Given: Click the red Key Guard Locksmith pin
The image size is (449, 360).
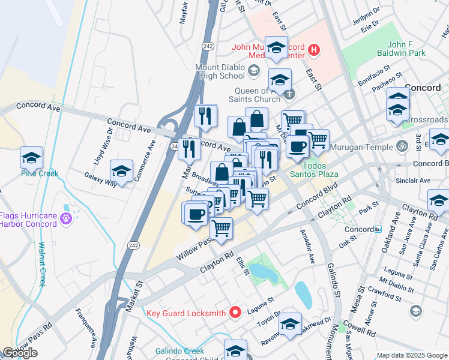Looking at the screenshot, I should [x=235, y=313].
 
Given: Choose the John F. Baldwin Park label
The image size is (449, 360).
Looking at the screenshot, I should [x=414, y=49].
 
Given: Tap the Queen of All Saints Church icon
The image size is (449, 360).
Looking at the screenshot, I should [x=290, y=94].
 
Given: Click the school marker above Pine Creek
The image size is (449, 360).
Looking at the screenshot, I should [x=31, y=158].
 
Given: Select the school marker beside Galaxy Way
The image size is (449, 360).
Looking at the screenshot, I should [x=121, y=171].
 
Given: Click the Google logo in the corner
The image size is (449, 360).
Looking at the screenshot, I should [x=20, y=353].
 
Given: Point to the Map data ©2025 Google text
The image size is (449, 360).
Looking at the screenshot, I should [x=411, y=355].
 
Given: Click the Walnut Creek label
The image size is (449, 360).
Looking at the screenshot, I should [x=41, y=263].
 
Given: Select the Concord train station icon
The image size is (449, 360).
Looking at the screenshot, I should [x=378, y=229].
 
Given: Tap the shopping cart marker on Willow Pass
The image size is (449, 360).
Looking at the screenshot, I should [x=221, y=228].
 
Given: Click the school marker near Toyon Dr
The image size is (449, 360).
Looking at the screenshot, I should [x=290, y=325].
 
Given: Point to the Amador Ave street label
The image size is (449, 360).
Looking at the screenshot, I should [x=306, y=250].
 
